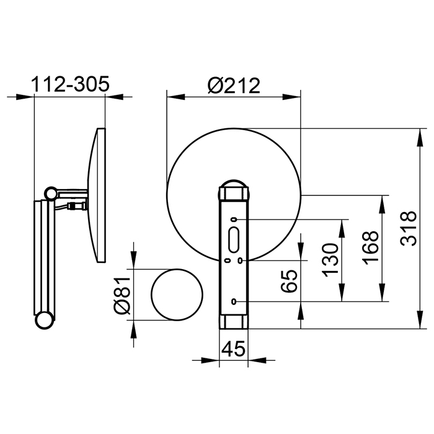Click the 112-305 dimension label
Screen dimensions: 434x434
[x=70, y=84]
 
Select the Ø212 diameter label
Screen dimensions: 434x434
[x=234, y=86]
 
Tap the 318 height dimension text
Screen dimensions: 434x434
[x=409, y=228]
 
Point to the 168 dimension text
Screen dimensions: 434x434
[x=370, y=248]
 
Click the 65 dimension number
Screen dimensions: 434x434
[x=289, y=281]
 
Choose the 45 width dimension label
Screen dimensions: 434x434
[x=234, y=348]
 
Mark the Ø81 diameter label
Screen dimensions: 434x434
[x=122, y=294]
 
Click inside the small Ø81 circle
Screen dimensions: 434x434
[x=177, y=294]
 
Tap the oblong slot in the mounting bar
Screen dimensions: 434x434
[x=234, y=240]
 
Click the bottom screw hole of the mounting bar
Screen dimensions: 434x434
[x=234, y=301]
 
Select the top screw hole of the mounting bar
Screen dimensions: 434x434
[x=234, y=219]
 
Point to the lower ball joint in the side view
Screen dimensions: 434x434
[x=44, y=321]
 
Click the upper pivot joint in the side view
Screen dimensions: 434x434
[x=51, y=193]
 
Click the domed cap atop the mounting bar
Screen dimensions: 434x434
[x=234, y=184]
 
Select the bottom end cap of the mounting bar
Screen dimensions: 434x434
[x=234, y=322]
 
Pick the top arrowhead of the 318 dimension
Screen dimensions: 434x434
[x=420, y=137]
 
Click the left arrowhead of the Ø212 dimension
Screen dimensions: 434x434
[x=175, y=97]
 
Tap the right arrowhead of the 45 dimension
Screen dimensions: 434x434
[x=257, y=360]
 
